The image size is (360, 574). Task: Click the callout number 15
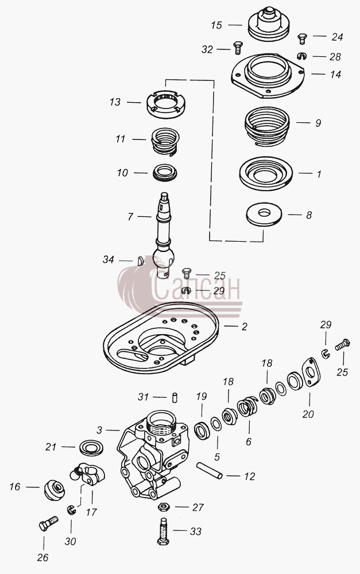click(216, 25)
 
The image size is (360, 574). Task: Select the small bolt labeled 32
click(238, 48)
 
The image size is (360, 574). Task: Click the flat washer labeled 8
click(264, 214)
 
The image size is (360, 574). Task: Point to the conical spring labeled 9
click(267, 126)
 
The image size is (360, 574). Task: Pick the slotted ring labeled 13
click(165, 104)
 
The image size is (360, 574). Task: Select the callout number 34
click(109, 259)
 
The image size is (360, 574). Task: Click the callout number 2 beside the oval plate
click(244, 326)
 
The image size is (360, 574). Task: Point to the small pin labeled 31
click(175, 398)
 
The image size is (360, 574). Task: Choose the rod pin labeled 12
click(209, 471)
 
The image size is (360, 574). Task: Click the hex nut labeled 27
click(164, 507)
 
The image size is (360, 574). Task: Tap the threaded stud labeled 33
click(163, 531)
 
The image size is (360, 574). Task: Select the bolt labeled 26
click(48, 523)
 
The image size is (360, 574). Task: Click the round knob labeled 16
click(55, 490)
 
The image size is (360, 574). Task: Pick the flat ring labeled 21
click(91, 448)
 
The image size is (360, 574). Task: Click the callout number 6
click(249, 442)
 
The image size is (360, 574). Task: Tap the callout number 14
click(335, 74)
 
